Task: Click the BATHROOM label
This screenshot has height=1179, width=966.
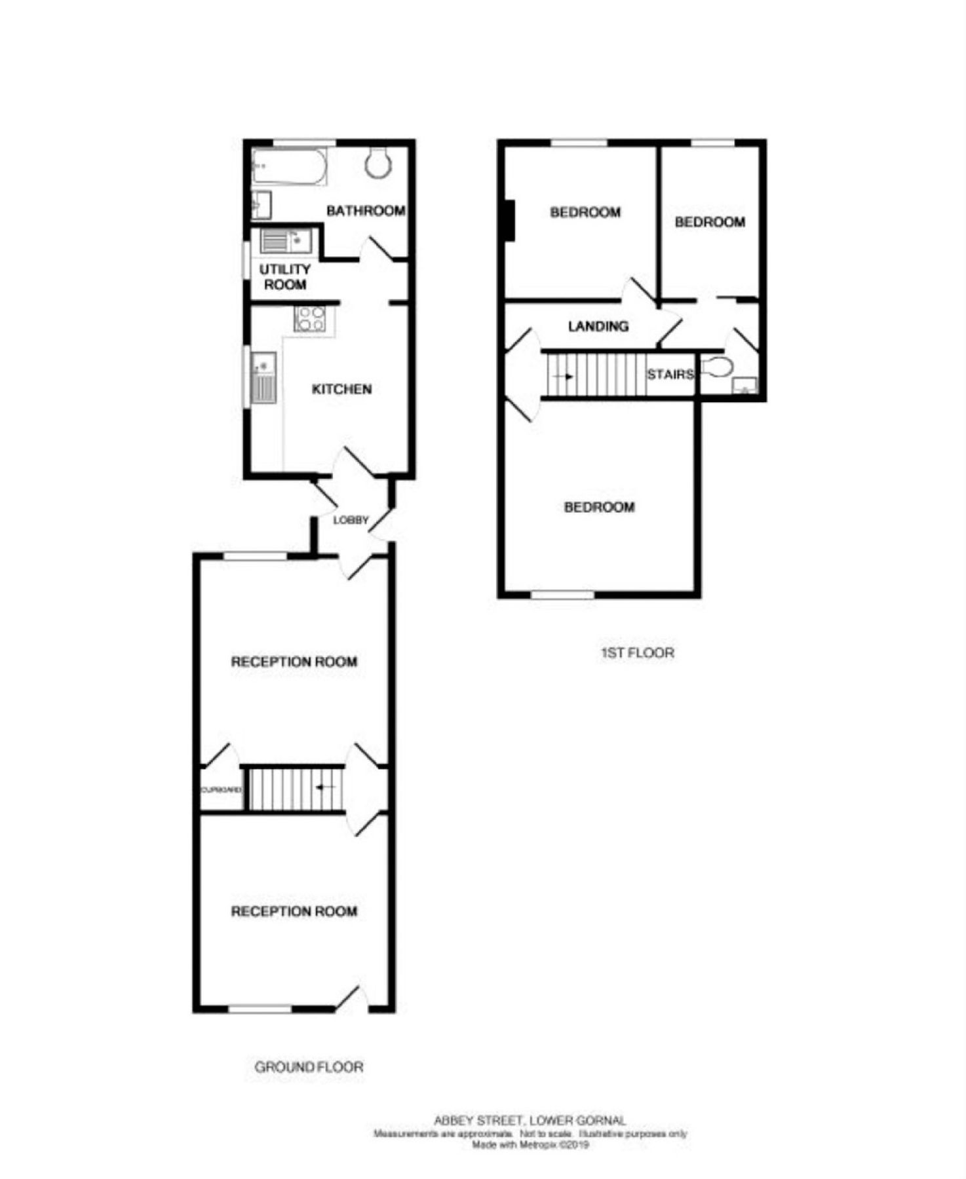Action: (365, 211)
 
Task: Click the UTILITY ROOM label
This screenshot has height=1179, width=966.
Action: (285, 276)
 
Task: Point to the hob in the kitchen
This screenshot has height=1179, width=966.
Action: (310, 319)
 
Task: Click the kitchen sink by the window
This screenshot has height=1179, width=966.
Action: (264, 378)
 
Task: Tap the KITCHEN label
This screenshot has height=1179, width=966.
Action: (341, 389)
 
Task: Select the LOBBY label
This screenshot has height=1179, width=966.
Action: (351, 520)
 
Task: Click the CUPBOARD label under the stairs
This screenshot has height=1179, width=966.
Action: (221, 790)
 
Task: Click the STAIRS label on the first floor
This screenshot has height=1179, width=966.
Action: (670, 375)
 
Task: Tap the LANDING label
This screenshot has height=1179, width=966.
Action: (598, 326)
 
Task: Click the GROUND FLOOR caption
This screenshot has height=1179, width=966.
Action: (309, 1067)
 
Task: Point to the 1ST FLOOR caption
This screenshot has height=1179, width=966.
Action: (637, 653)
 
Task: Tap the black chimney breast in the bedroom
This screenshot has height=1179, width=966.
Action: (509, 220)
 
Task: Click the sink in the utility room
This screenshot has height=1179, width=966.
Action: (286, 241)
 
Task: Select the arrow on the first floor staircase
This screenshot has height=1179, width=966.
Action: (562, 377)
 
